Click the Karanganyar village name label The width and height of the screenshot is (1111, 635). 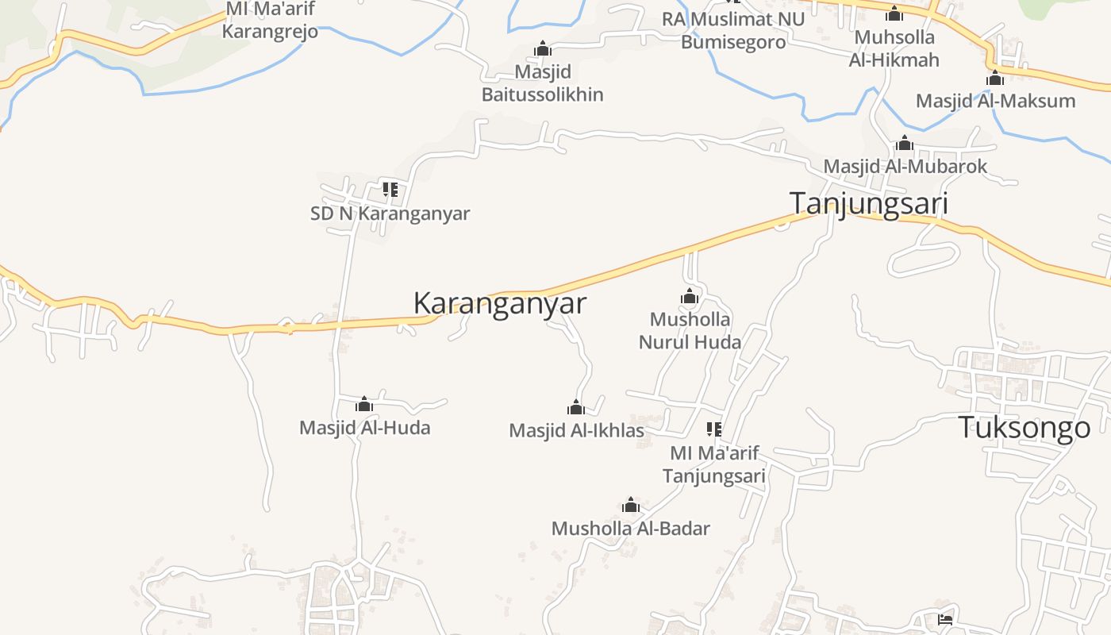tap(500, 303)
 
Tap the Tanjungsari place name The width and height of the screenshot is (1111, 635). tap(869, 203)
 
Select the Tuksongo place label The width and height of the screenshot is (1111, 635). tap(1025, 428)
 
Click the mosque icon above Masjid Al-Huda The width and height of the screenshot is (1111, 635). tap(364, 405)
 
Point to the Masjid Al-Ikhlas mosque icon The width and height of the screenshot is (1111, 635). tap(576, 408)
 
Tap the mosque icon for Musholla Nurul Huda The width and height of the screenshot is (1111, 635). tap(690, 297)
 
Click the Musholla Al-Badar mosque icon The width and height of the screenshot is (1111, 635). tap(631, 506)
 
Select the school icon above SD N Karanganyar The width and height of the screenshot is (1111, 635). tap(390, 190)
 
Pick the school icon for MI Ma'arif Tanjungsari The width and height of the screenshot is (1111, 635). tap(713, 429)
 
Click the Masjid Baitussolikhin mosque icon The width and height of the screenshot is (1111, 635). tap(543, 49)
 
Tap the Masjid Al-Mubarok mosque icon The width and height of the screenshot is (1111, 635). tap(905, 144)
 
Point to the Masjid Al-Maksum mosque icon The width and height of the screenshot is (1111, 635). tap(995, 79)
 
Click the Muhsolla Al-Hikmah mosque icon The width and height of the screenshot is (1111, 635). tap(894, 14)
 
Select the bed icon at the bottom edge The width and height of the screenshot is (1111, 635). tap(944, 619)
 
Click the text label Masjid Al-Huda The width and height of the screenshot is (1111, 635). tap(365, 428)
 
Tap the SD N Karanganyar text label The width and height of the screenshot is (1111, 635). tap(390, 214)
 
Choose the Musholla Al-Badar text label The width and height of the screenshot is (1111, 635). tap(631, 529)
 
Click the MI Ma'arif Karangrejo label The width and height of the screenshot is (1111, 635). tap(270, 21)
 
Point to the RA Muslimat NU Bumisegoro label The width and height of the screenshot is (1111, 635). tap(733, 30)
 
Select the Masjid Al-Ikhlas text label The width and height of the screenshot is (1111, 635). tap(576, 431)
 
